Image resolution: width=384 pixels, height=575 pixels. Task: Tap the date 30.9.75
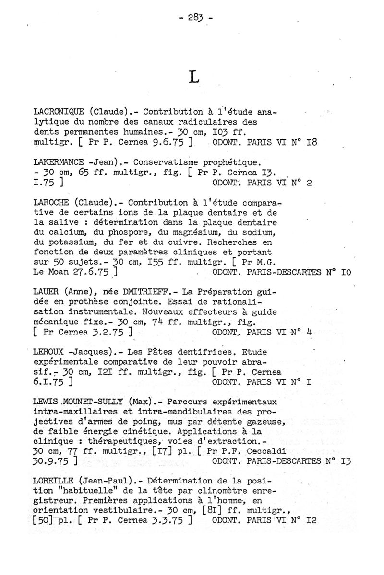click(50, 462)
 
